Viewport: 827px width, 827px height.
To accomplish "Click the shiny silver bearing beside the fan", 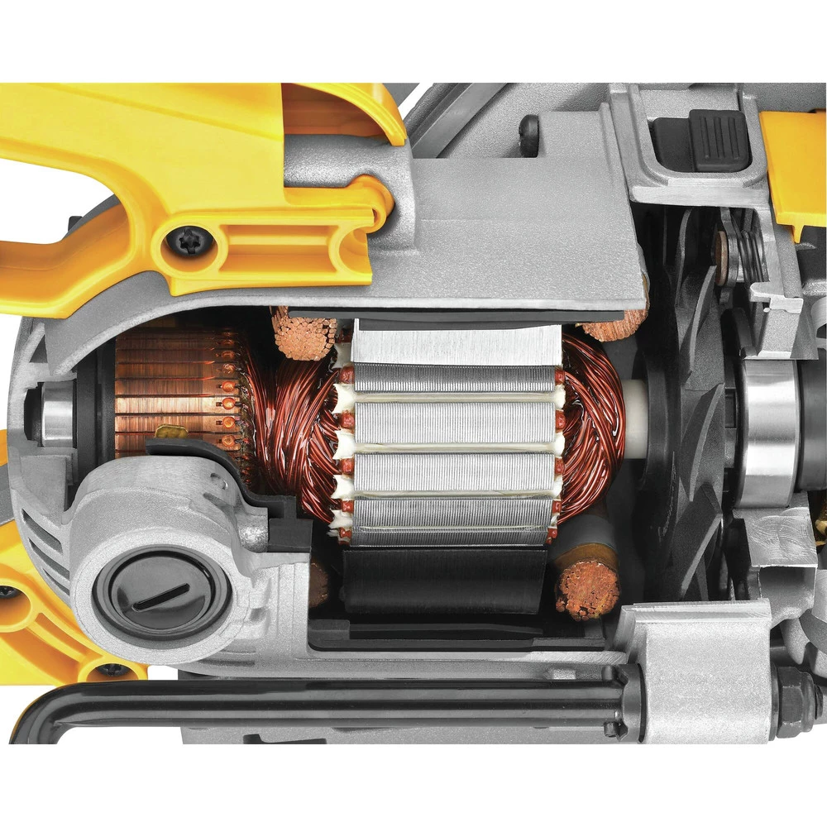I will (769, 430).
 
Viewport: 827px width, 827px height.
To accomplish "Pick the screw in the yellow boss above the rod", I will (112, 670).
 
